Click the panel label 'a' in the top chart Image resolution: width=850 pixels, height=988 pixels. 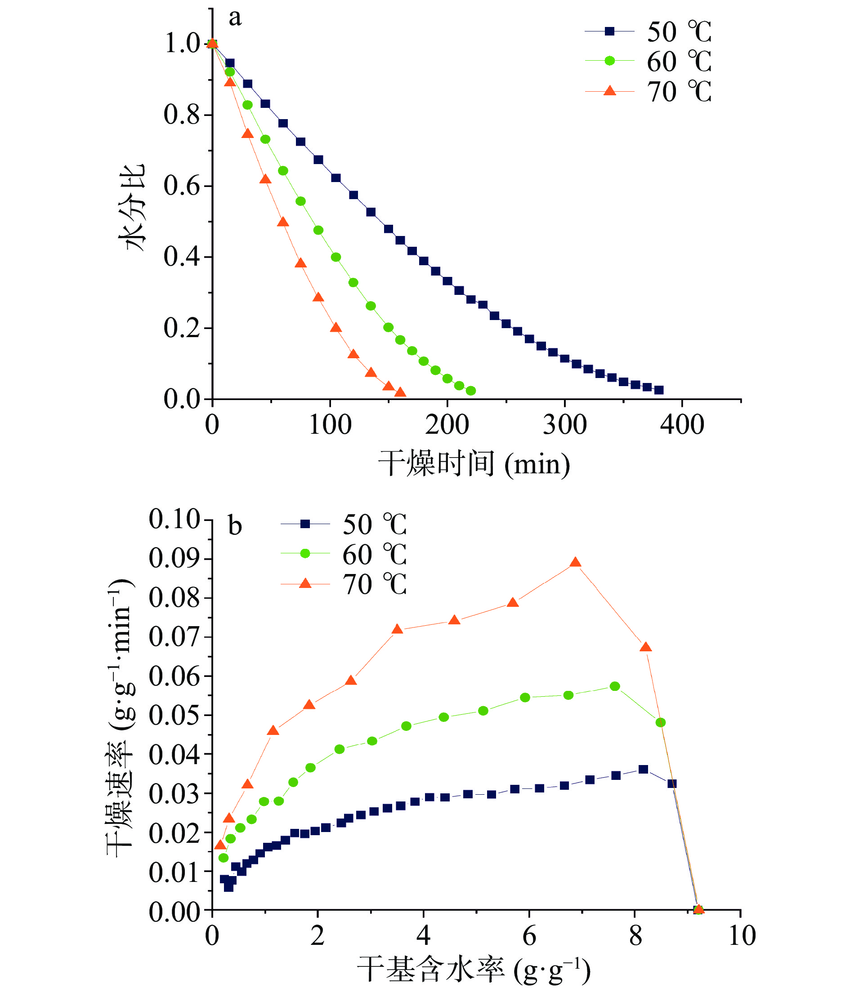(235, 18)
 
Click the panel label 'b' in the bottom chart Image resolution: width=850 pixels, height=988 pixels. (235, 526)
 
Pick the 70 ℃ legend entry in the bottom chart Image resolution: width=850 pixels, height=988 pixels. (344, 584)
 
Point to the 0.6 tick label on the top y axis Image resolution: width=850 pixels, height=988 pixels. (181, 186)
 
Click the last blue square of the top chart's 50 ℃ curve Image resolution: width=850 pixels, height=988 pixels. (659, 390)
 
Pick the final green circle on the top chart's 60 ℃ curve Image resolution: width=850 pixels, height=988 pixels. (470, 391)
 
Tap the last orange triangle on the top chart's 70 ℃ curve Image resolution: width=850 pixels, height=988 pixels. (400, 392)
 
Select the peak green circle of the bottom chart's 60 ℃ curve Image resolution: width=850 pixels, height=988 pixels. (614, 686)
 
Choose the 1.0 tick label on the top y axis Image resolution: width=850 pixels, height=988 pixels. (181, 44)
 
